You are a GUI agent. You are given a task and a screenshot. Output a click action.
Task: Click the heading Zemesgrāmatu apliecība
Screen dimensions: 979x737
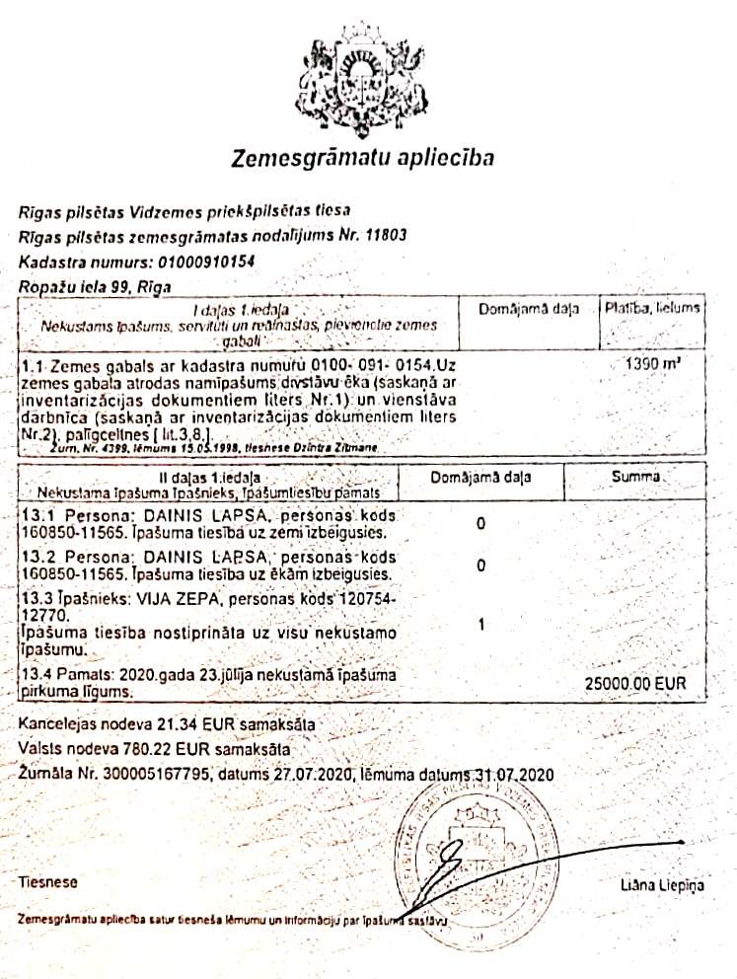tap(363, 158)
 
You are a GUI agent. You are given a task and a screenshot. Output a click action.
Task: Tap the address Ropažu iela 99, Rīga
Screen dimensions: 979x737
tap(94, 287)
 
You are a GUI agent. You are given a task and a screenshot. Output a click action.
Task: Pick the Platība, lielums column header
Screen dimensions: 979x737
tap(653, 309)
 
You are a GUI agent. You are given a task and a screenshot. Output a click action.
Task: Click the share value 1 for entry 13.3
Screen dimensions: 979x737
tap(479, 625)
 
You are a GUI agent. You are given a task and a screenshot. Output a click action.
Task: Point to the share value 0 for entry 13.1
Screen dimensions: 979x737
tap(479, 524)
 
